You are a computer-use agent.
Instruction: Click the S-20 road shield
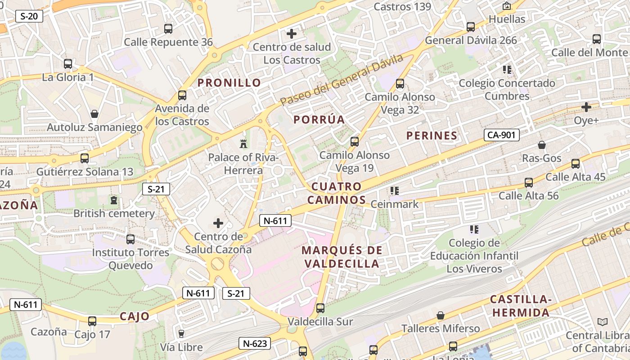pos(29,17)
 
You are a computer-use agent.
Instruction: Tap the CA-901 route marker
pos(502,135)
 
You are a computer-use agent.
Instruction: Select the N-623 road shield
pos(254,344)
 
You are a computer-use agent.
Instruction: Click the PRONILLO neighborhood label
pos(229,83)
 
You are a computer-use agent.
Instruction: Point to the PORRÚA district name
pos(319,120)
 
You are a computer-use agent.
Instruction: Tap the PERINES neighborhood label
pos(432,135)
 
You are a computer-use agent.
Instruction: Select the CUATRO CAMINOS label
pos(337,193)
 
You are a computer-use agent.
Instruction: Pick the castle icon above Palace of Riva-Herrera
pos(243,144)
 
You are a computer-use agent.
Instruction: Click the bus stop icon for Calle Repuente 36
pos(168,29)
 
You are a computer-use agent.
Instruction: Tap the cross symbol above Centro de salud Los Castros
pos(292,33)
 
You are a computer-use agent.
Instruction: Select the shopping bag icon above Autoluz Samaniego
pos(94,114)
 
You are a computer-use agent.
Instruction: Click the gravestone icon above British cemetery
pos(114,200)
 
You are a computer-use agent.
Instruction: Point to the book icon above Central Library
pos(602,322)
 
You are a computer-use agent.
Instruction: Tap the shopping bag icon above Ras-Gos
pos(542,145)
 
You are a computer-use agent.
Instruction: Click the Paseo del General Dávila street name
pos(342,80)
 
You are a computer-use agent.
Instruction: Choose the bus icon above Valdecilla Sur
pos(320,308)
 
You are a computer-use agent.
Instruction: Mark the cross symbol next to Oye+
pos(586,107)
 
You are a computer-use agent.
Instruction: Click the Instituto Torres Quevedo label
pos(130,259)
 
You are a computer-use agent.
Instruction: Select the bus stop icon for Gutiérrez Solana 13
pos(85,158)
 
